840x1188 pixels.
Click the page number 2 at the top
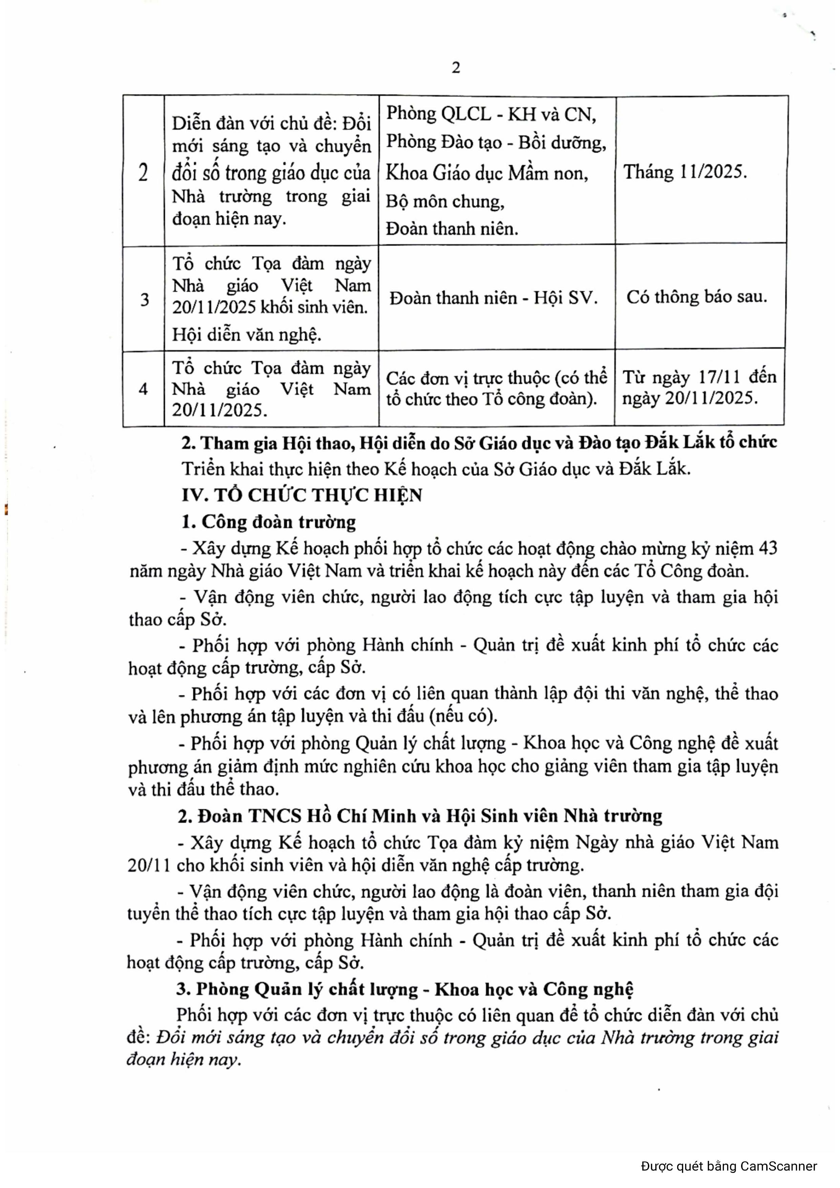(x=456, y=68)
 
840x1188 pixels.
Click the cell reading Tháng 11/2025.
(x=685, y=172)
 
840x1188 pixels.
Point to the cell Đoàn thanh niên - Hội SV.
(x=493, y=298)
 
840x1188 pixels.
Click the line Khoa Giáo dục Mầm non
(x=486, y=173)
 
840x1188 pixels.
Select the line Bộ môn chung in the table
(x=445, y=201)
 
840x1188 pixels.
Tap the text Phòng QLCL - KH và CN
(x=491, y=114)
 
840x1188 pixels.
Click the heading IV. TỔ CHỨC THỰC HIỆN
(x=302, y=495)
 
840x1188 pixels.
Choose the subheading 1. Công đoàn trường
(x=269, y=522)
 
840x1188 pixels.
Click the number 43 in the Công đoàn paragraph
(x=768, y=548)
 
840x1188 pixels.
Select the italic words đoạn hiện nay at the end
(x=183, y=1059)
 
